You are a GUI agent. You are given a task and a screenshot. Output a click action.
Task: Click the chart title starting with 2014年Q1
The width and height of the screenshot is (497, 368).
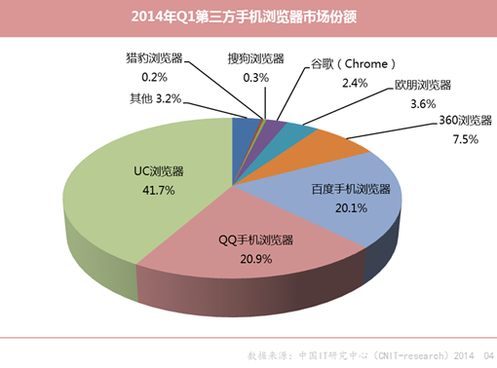click(x=248, y=17)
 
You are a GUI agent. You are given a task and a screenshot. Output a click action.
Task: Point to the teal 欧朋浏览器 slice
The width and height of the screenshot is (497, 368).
click(x=298, y=134)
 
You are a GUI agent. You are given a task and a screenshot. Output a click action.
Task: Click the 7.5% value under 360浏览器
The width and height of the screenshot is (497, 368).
click(x=466, y=139)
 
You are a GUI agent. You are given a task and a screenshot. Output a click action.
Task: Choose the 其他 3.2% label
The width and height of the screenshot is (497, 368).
click(x=156, y=98)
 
